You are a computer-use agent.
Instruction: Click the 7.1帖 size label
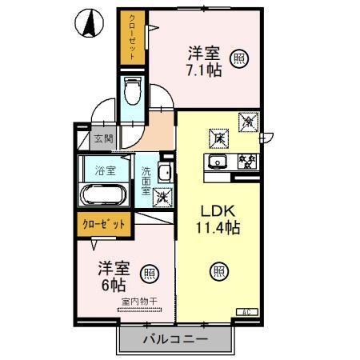204,70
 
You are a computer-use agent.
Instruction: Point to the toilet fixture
133,92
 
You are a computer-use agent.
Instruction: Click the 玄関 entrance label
103,138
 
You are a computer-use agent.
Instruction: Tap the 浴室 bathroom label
106,170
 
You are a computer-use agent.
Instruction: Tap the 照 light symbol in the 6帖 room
149,273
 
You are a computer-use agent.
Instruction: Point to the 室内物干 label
137,302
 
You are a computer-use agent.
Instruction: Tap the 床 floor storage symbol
217,137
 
